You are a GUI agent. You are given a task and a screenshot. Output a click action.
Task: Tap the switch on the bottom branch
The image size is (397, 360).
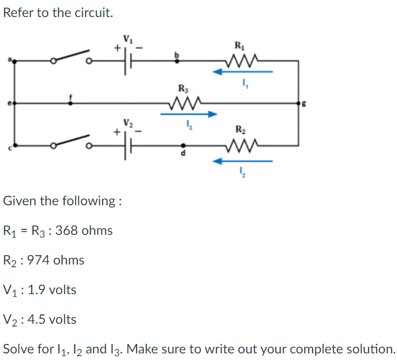coord(72,142)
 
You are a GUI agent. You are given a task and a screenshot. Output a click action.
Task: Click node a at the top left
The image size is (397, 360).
coord(14,61)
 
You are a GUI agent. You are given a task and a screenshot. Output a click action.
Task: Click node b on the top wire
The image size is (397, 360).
coord(176,61)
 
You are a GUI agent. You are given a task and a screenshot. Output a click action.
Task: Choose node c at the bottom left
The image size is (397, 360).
coord(14,146)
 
